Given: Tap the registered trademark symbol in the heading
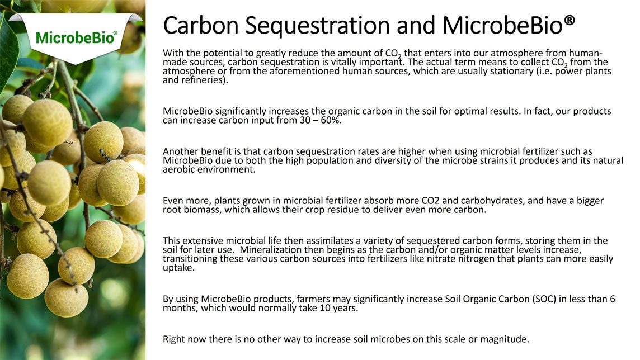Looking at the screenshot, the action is [570, 20].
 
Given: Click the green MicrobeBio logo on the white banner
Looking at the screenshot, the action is [76, 37].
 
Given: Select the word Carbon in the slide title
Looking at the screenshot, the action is [201, 25].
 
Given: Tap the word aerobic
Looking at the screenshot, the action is [178, 169].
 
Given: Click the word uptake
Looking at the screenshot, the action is [179, 268].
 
